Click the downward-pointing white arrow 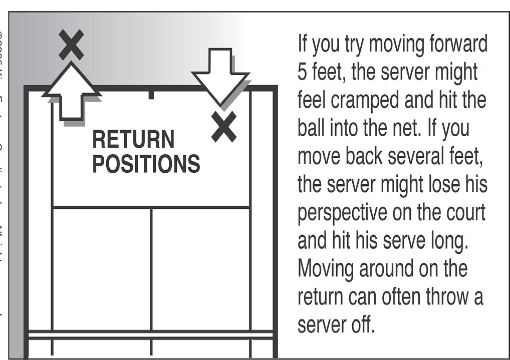pyautogui.click(x=220, y=73)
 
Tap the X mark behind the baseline pyautogui.click(x=71, y=45)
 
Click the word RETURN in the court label pyautogui.click(x=133, y=140)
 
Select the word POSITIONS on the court pyautogui.click(x=146, y=164)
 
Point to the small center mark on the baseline pyautogui.click(x=151, y=94)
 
